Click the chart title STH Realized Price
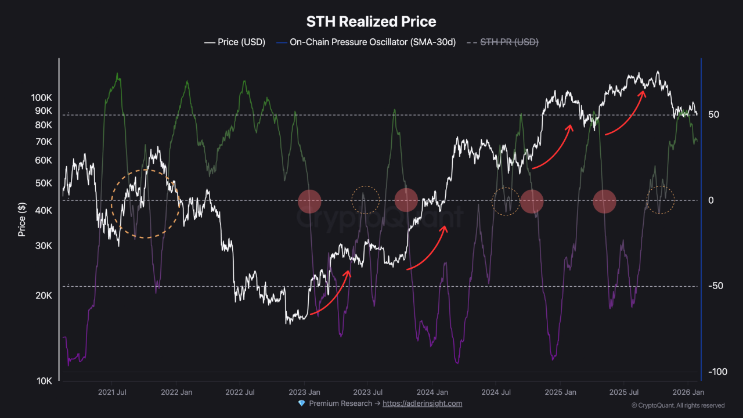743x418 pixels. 371,22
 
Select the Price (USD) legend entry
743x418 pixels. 235,42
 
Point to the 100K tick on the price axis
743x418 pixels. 42,98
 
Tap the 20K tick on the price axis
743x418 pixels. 44,296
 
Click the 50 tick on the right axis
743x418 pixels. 713,114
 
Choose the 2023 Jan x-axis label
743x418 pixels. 304,392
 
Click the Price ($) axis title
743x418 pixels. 22,219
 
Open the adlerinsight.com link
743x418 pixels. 422,403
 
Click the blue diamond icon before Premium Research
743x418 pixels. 301,403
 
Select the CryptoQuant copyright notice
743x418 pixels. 677,405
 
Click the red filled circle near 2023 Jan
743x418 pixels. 309,201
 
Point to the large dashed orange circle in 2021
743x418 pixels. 145,204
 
